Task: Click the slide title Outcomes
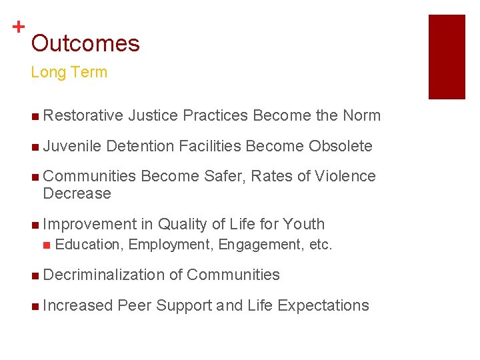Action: click(85, 44)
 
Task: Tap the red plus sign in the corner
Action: click(19, 27)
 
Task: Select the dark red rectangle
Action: click(446, 57)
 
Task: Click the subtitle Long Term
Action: click(69, 73)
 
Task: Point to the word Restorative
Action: click(83, 116)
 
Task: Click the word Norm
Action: click(361, 116)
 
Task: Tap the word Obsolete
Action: click(341, 146)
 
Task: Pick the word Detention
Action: click(139, 146)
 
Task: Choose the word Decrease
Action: click(77, 193)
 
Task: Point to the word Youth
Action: click(304, 224)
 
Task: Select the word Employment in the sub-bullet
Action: click(171, 245)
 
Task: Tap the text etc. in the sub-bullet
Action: click(320, 245)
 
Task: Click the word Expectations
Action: click(323, 305)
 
